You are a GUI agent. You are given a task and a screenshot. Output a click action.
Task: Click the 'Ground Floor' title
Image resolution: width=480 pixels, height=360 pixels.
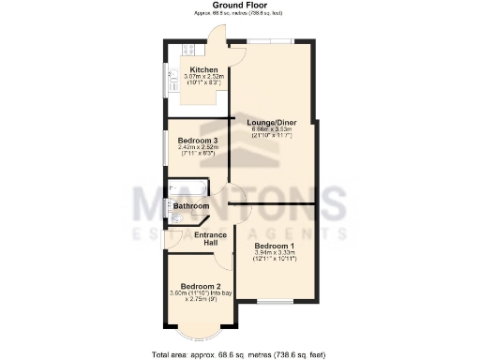pos(239,5)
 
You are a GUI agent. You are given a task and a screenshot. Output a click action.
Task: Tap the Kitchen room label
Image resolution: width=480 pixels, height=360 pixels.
pos(203,69)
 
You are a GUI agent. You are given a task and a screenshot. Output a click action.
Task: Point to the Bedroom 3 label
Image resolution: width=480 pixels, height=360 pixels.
pos(198,141)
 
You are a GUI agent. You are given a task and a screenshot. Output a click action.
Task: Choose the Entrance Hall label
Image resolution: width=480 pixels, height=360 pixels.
pos(211,239)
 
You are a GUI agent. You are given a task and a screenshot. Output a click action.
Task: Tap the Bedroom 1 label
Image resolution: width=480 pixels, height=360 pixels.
pos(275,245)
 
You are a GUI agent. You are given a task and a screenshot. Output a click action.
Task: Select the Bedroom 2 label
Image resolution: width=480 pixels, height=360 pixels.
pos(201,286)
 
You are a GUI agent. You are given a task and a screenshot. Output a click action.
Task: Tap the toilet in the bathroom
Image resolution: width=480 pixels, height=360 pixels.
pos(176,218)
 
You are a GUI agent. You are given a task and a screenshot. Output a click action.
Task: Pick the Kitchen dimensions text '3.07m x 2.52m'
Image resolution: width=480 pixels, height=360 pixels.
pos(204,77)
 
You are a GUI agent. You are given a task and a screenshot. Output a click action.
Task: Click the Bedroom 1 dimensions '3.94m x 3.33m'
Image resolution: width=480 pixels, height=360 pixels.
pos(275,252)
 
